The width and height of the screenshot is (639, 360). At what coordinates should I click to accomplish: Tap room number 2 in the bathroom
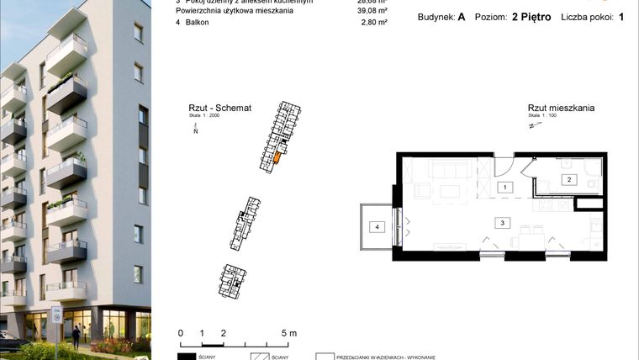pos(568,179)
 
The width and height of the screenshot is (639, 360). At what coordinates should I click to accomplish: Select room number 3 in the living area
pos(502,223)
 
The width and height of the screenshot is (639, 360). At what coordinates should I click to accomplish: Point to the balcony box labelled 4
pos(378,226)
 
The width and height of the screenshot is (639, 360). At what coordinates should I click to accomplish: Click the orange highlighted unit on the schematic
pos(277,156)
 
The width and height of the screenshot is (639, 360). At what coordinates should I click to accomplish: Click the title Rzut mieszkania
pos(561,109)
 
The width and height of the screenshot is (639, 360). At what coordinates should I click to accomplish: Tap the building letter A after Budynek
pos(462,16)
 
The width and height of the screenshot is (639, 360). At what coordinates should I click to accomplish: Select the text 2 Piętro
pos(531,16)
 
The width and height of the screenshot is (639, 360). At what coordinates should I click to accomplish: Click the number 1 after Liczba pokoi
pos(621,16)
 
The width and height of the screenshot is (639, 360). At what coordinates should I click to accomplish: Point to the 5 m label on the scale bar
pos(288,333)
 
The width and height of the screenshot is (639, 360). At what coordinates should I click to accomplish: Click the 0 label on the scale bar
pos(180,333)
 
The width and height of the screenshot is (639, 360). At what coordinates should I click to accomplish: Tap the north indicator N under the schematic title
pos(195,132)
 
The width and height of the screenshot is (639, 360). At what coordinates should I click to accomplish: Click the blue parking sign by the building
pos(57,316)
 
